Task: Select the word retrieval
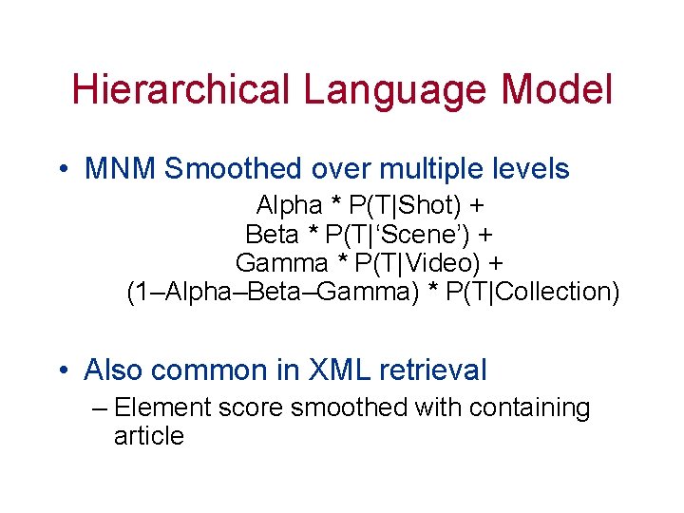[439, 370]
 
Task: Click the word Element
[162, 408]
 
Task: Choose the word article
[148, 437]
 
